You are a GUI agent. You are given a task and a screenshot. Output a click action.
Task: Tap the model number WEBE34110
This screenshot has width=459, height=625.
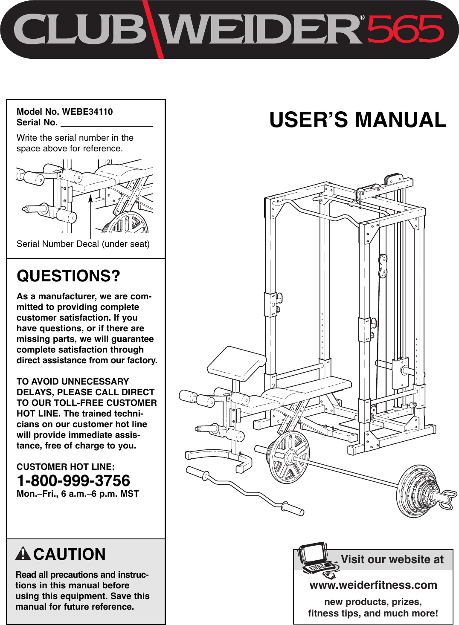[x=87, y=112]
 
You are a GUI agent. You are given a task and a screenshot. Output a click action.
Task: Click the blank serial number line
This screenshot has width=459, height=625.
[x=107, y=124]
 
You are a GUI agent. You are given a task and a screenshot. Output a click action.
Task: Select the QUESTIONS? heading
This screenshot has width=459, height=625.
[x=68, y=276]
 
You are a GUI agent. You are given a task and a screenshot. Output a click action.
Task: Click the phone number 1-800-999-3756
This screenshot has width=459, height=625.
[x=73, y=480]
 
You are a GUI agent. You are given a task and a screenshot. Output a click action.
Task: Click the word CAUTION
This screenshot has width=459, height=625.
[x=70, y=554]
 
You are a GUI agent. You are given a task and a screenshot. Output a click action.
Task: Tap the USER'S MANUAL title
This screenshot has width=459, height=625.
[x=357, y=120]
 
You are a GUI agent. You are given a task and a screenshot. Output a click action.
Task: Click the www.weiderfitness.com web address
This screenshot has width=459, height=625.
[x=373, y=585]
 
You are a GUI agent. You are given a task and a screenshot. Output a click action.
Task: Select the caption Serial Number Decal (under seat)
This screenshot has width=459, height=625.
[x=83, y=244]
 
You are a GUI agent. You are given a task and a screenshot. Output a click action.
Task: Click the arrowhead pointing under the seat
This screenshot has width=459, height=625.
[x=91, y=198]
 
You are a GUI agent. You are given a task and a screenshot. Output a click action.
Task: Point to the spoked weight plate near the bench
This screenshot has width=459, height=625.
[x=288, y=457]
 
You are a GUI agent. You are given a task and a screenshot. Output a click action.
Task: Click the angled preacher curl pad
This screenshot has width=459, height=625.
[x=236, y=363]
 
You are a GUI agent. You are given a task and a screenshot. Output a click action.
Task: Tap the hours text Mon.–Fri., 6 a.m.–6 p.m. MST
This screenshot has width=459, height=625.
[x=78, y=494]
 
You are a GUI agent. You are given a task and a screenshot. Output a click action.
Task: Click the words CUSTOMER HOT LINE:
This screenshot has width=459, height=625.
[x=66, y=467]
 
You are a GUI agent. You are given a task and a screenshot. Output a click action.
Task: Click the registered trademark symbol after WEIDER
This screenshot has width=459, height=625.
[x=362, y=18]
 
